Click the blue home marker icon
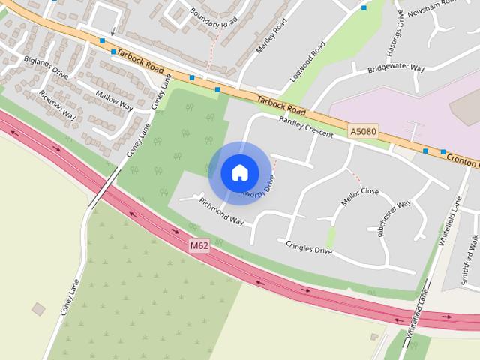click(239, 172)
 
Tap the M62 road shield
click(199, 245)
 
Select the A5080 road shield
click(363, 132)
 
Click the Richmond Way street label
click(221, 211)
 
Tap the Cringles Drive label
click(309, 246)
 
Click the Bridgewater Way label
click(396, 70)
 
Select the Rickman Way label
click(58, 106)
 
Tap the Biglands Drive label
click(46, 67)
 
